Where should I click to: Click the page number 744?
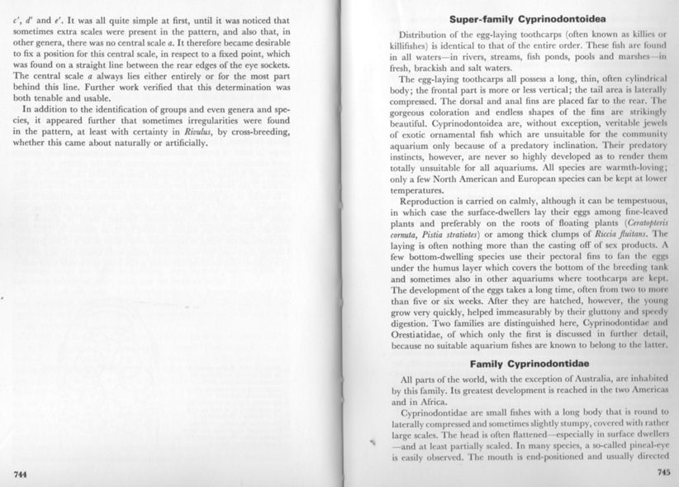pos(22,472)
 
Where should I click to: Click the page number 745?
pos(663,473)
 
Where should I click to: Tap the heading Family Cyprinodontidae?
pos(529,364)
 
